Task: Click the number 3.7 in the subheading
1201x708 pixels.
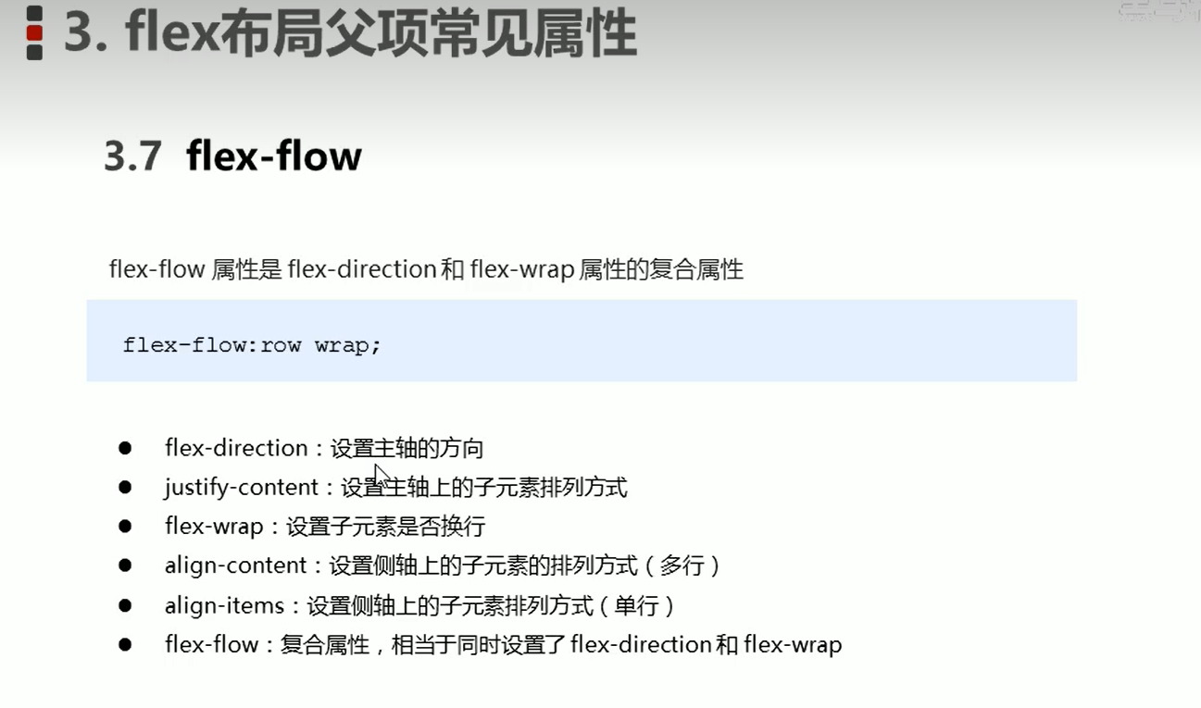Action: [x=133, y=156]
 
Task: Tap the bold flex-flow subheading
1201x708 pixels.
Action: [x=274, y=155]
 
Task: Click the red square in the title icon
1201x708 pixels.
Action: [x=34, y=33]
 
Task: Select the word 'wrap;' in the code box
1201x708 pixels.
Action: [x=347, y=345]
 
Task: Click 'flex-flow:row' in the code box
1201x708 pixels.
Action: [x=212, y=345]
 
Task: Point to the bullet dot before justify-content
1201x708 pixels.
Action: [x=125, y=487]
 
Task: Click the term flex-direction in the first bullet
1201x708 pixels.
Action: [x=236, y=448]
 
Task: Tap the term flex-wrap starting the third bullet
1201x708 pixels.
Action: [x=214, y=527]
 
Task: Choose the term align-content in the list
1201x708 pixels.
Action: [x=236, y=565]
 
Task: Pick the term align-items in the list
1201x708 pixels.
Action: [x=224, y=605]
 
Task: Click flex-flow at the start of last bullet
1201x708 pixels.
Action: [x=212, y=644]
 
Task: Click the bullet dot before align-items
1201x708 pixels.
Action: [x=125, y=605]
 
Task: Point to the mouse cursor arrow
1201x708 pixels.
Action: [x=381, y=475]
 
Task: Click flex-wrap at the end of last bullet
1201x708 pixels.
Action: [x=793, y=644]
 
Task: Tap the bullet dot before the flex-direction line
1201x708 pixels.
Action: [x=125, y=448]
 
